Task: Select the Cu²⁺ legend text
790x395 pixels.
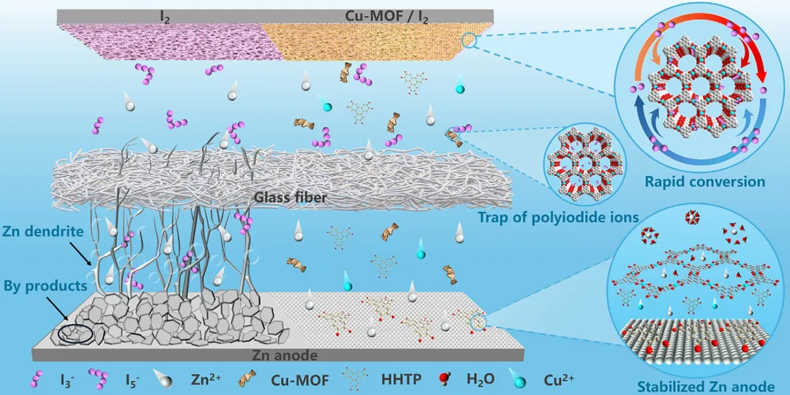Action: pyautogui.click(x=558, y=380)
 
